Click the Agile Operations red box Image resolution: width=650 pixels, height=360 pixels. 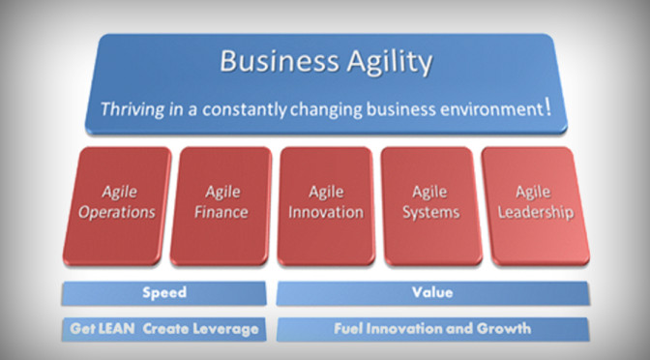click(116, 204)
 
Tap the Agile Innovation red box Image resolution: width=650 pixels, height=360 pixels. click(325, 204)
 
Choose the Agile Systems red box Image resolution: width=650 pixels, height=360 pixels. click(428, 204)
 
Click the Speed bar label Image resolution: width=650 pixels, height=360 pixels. click(163, 292)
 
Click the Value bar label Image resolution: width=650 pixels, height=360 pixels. click(431, 292)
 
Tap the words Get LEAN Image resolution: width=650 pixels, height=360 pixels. click(102, 329)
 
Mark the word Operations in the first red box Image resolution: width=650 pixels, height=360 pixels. click(116, 213)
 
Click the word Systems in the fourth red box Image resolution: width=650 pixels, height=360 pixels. click(428, 213)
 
